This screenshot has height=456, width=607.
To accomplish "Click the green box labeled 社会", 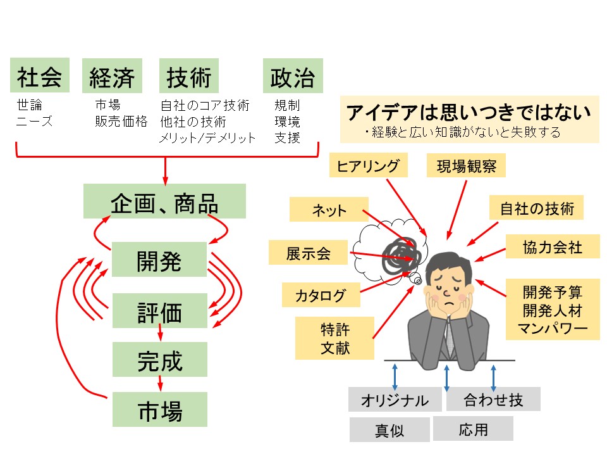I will (x=39, y=77).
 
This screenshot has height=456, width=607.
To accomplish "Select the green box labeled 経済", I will (x=112, y=77).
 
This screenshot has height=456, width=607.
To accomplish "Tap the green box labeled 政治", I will (x=292, y=77).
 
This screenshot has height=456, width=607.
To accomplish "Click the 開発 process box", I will (x=159, y=260).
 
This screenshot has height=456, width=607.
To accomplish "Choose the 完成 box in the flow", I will (x=159, y=360).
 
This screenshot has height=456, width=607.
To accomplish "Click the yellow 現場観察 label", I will (x=467, y=166).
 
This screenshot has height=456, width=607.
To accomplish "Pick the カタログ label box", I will (x=321, y=295).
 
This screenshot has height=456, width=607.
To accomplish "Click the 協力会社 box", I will (x=552, y=246).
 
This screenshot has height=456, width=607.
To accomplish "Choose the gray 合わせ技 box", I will (x=493, y=399).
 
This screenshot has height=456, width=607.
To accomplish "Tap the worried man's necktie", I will (x=450, y=336).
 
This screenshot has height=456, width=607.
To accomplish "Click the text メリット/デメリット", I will (x=207, y=137).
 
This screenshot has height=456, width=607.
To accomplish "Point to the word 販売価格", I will (x=121, y=121).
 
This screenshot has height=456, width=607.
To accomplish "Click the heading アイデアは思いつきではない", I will (x=469, y=112).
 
